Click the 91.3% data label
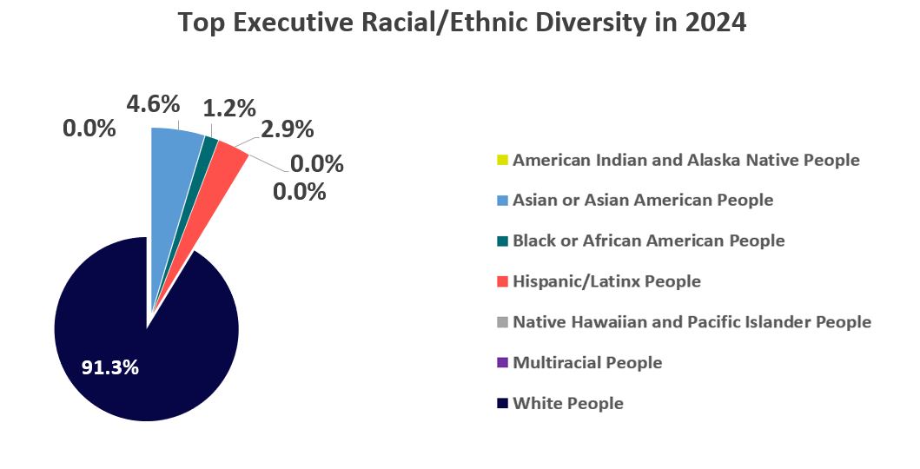110,367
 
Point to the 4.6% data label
153,104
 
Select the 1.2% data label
229,109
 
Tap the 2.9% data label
288,130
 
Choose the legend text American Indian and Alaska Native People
686,161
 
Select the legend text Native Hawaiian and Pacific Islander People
692,322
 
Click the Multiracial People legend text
587,363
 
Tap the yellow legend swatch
503,161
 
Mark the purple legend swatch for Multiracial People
503,363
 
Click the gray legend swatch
503,322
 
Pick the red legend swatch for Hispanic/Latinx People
503,282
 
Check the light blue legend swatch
503,201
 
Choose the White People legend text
568,404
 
